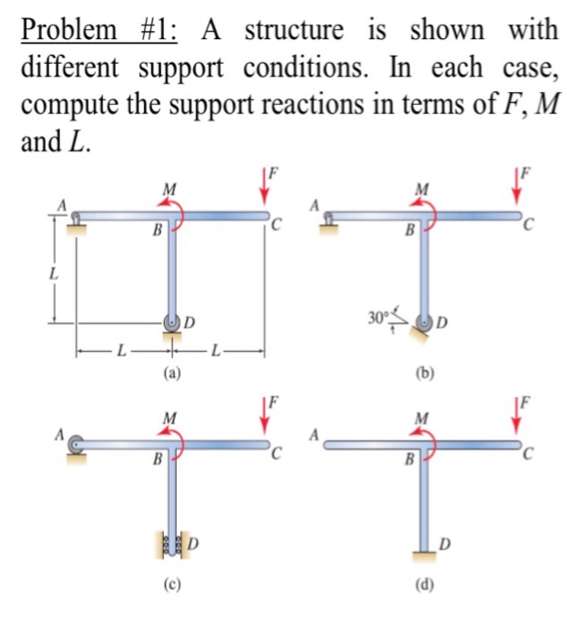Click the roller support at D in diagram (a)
pos(171,321)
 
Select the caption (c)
pos(170,586)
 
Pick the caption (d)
pos(422,586)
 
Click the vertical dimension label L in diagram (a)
pos(54,272)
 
